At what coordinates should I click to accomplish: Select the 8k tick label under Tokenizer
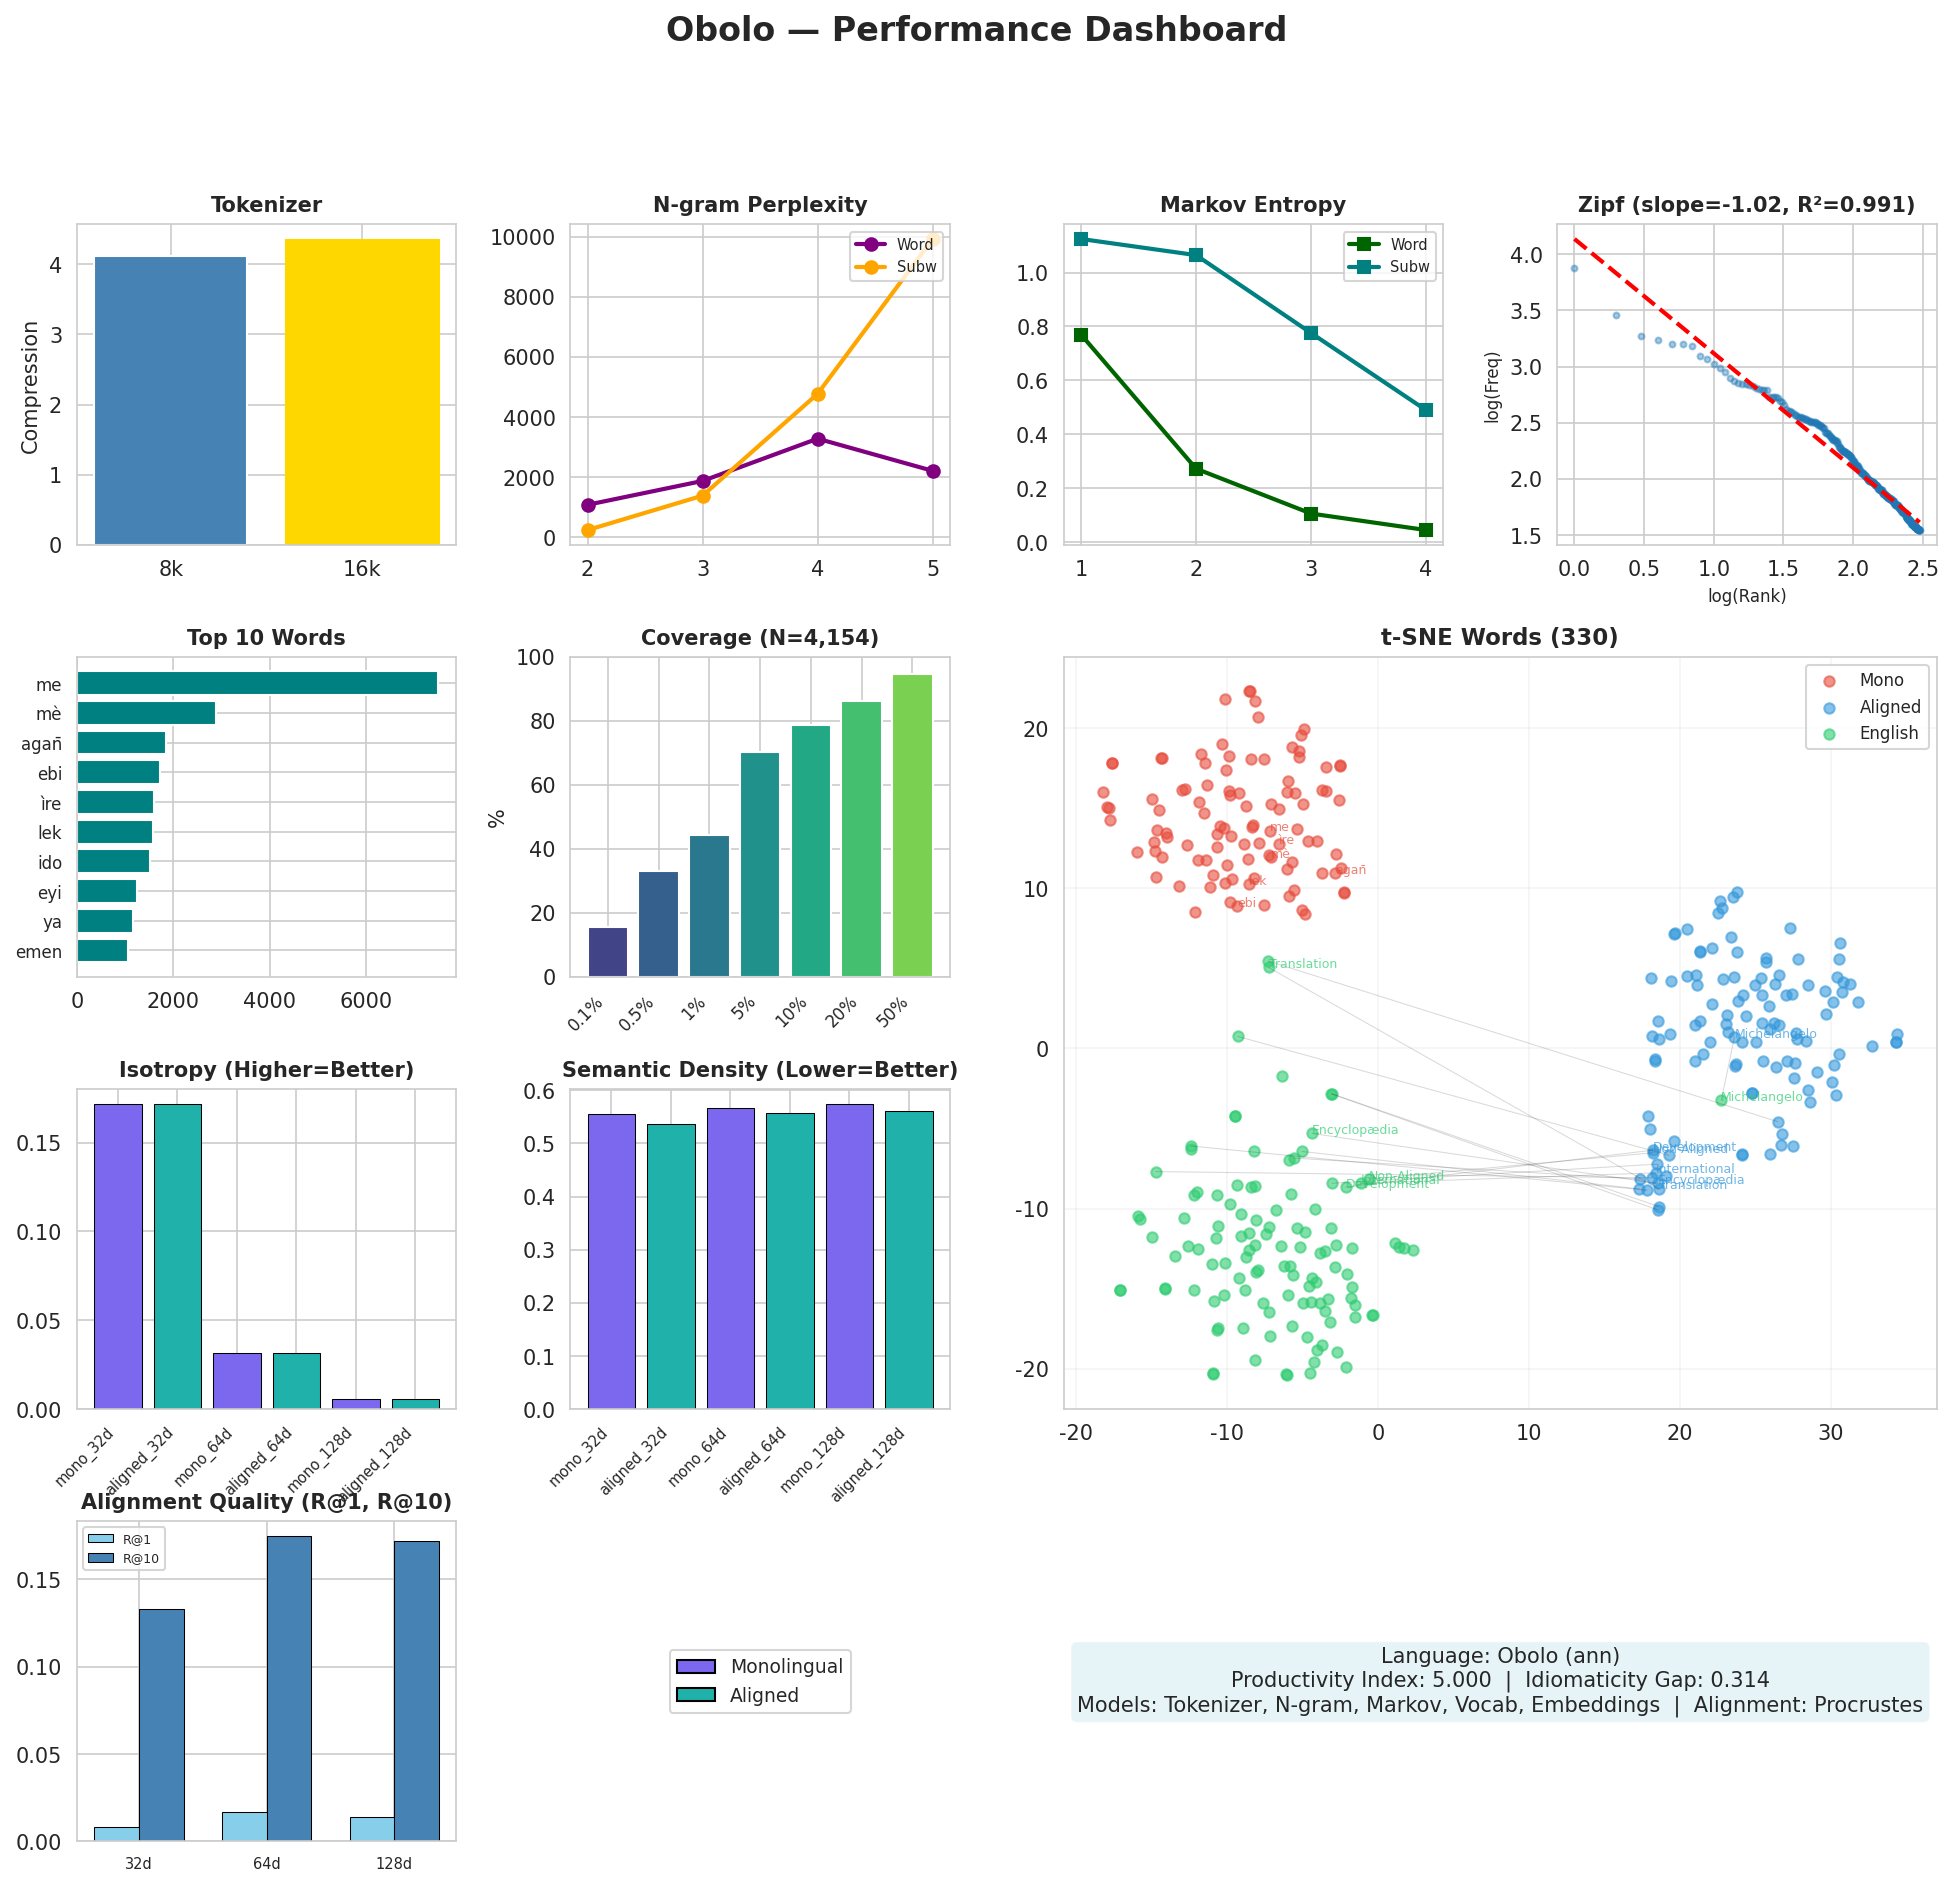pos(171,569)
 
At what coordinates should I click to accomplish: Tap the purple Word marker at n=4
pos(818,439)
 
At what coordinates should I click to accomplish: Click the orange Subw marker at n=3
pos(703,496)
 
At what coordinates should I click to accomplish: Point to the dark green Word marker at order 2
pos(1196,469)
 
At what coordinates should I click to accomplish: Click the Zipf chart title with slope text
pos(1746,205)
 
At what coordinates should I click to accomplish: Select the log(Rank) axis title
pos(1746,596)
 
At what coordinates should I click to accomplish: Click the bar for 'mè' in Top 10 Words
pos(146,713)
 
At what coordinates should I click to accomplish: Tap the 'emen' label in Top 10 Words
pos(39,952)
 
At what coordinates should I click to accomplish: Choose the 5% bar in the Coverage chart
pos(760,864)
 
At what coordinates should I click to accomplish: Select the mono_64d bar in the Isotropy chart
pos(237,1380)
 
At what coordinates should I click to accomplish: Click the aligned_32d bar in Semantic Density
pos(671,1266)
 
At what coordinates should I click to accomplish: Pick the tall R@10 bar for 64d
pos(289,1688)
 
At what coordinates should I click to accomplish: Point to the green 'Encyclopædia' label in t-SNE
pos(1354,1130)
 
